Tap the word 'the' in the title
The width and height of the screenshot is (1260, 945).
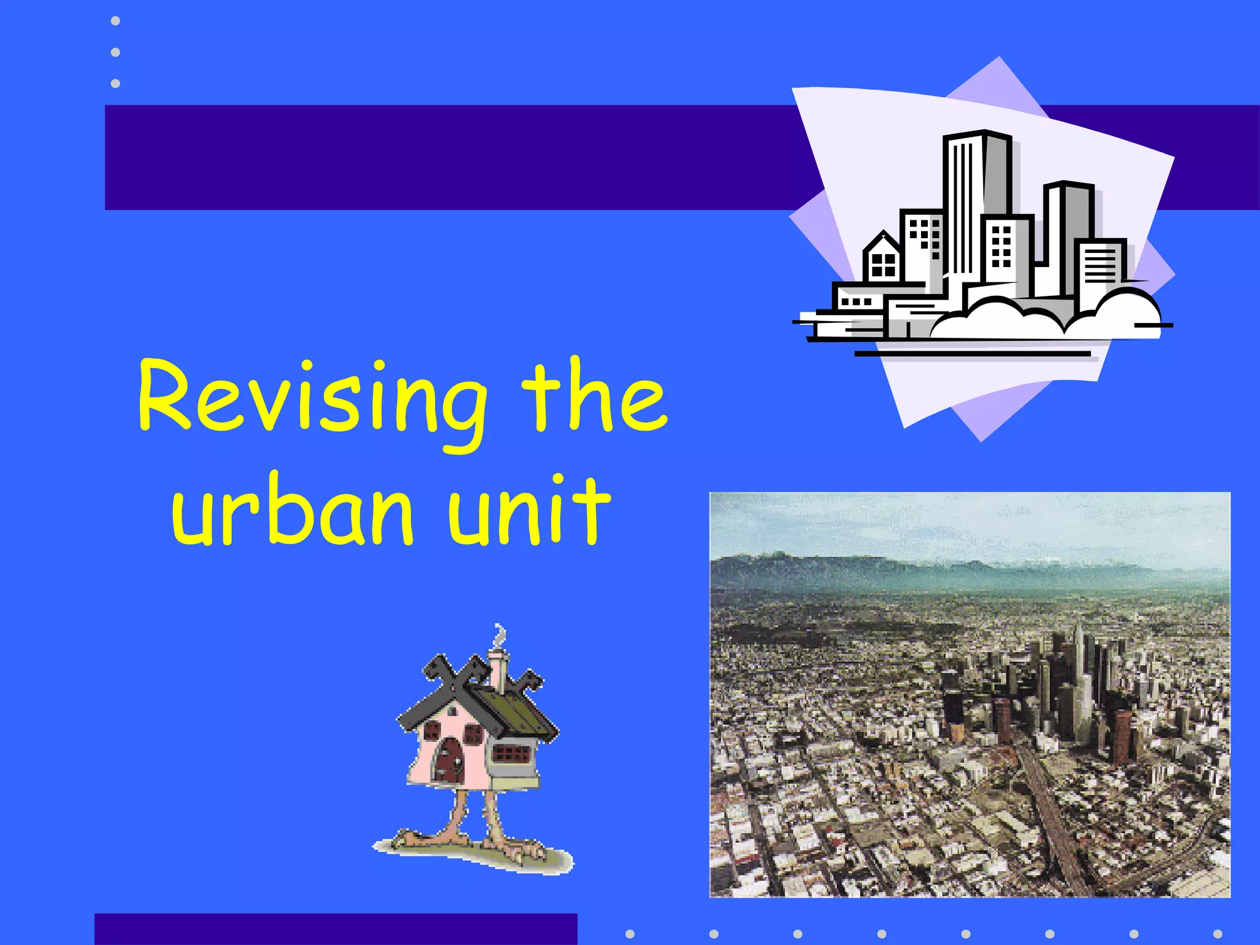coord(594,397)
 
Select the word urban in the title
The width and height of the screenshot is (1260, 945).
coord(292,511)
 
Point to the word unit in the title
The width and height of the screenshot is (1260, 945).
coord(529,511)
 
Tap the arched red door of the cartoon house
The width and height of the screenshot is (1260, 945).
coord(449,760)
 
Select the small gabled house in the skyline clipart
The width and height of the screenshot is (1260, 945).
coord(883,258)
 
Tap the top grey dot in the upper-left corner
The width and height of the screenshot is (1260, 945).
coord(115,21)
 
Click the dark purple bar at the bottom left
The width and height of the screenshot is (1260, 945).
coord(335,929)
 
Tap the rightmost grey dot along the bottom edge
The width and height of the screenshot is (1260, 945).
coord(1218,934)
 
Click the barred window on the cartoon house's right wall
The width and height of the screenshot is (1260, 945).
coord(511,754)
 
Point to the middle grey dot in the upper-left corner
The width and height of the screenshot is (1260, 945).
coord(115,52)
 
